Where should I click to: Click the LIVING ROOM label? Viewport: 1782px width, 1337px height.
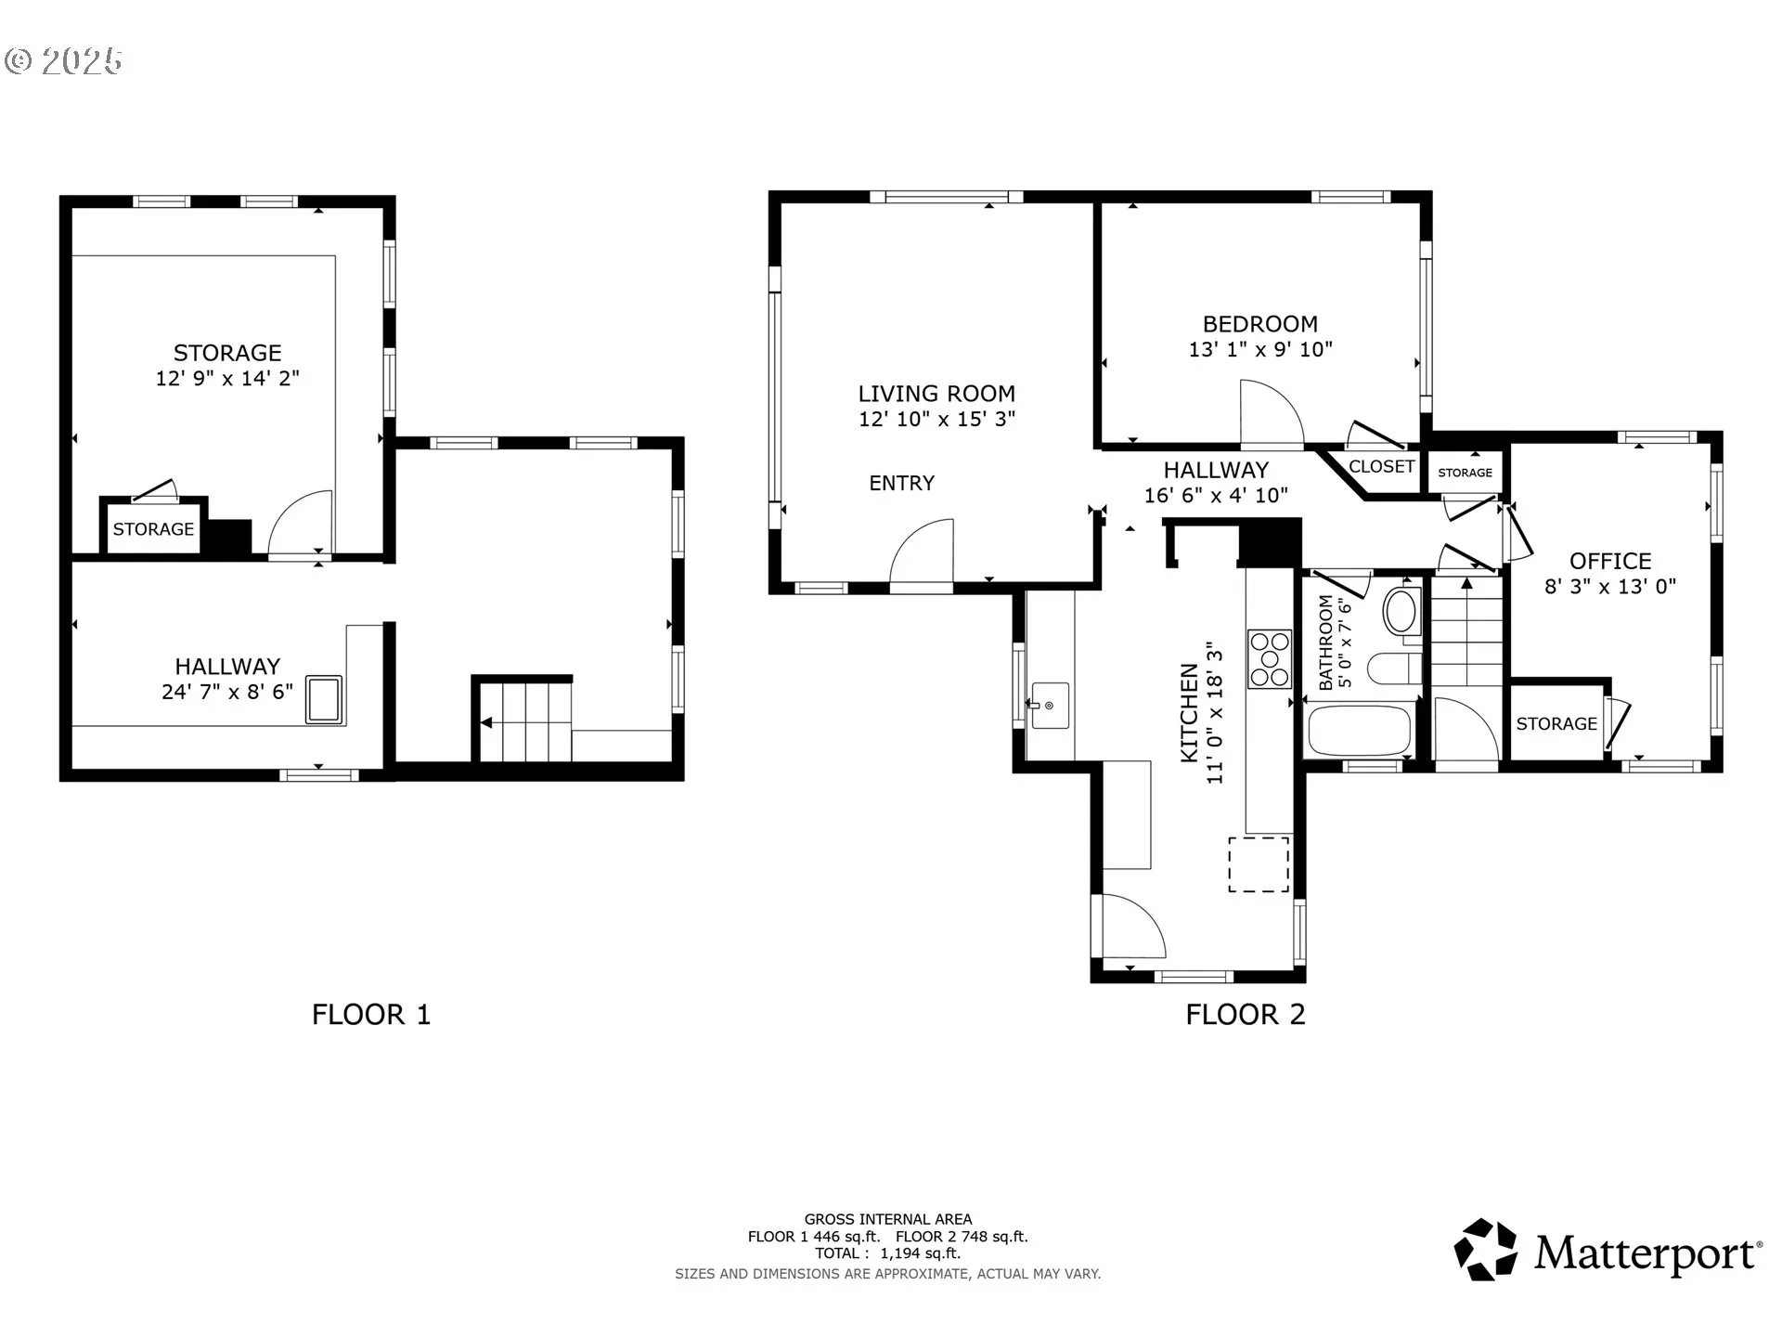[936, 394]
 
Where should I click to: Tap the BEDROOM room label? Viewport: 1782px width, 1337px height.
[1259, 324]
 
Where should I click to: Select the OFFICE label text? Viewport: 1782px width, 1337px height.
[1610, 561]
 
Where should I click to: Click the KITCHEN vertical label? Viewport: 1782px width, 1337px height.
[1189, 712]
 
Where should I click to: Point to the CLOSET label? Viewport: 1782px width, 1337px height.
[1381, 466]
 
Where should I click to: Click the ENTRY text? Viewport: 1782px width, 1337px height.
[901, 483]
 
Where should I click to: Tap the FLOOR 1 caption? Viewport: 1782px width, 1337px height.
[371, 1014]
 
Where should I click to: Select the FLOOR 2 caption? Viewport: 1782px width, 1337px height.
[1246, 1014]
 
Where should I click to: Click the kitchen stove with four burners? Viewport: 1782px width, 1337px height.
[1270, 659]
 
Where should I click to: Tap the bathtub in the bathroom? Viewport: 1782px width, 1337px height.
[1360, 730]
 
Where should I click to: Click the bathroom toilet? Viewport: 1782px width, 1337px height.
[1395, 668]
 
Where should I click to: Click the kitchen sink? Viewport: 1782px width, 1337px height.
[1050, 706]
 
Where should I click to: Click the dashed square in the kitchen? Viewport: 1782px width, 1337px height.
[1259, 864]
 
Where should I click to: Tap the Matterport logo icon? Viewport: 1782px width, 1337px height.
[1486, 1250]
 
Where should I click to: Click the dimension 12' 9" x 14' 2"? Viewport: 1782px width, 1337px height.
[227, 378]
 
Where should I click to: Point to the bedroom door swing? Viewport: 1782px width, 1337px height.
[1272, 413]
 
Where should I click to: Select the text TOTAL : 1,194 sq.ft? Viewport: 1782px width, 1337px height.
[887, 1253]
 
